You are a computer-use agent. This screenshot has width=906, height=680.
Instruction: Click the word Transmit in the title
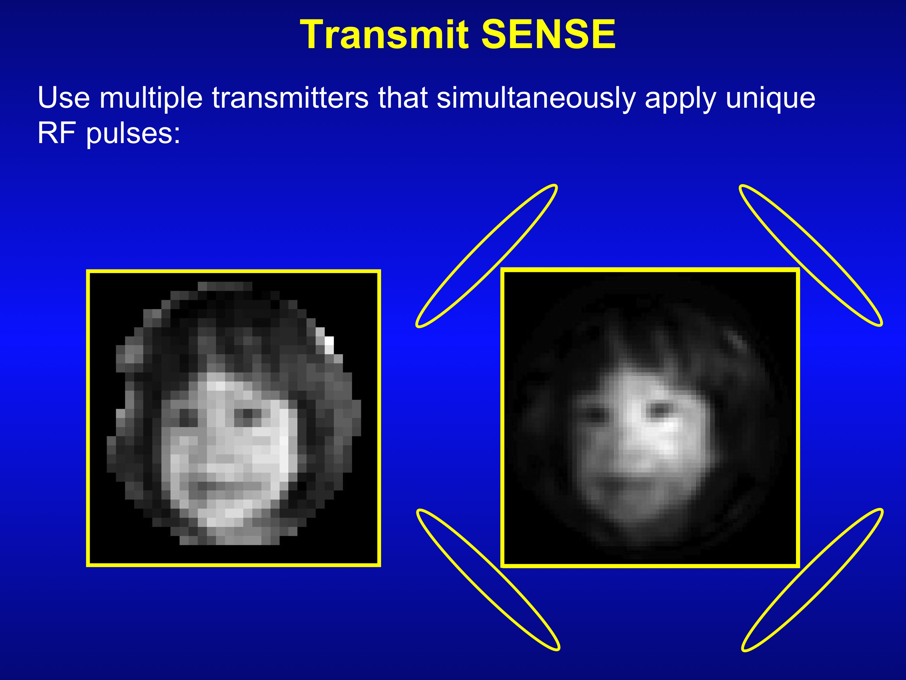point(384,34)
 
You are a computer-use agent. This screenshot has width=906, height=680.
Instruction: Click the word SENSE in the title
point(548,34)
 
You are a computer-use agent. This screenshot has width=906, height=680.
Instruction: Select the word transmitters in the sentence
point(290,98)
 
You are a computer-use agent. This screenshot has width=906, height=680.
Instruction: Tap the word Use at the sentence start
point(63,98)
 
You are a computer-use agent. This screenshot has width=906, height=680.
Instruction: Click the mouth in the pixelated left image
point(229,486)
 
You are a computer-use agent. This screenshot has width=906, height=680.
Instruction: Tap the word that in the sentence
point(403,98)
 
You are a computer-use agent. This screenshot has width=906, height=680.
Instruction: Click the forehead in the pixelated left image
point(225,387)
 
